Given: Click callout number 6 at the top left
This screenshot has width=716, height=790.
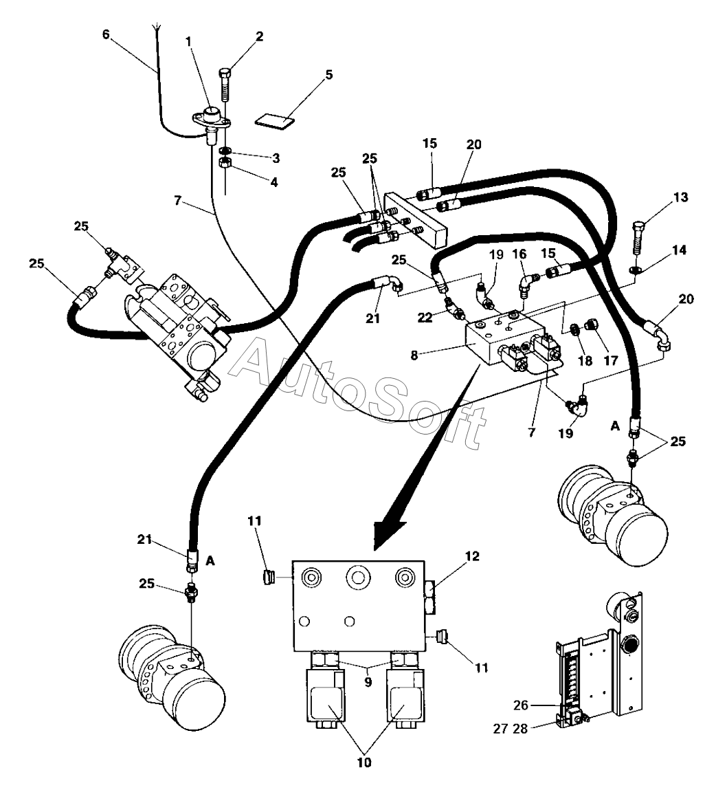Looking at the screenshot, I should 106,34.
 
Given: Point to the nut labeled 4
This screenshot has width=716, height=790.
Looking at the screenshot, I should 224,164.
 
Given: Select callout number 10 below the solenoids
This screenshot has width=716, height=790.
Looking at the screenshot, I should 364,762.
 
